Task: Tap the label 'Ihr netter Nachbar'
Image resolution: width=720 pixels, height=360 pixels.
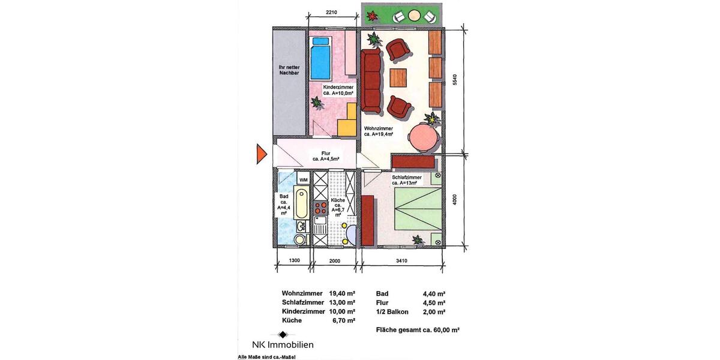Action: [x=289, y=70]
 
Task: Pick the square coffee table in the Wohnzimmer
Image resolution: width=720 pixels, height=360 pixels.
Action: [x=398, y=77]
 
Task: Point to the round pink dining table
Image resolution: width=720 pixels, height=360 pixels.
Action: [x=424, y=136]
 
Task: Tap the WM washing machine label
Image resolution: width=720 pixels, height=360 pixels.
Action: [x=304, y=179]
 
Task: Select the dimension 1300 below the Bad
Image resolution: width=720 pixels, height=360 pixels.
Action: [x=293, y=260]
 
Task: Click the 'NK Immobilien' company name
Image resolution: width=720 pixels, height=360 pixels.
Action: [x=281, y=344]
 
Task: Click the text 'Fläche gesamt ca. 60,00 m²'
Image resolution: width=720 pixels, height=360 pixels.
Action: [x=418, y=330]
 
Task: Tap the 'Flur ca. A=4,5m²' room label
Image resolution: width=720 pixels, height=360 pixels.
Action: [x=326, y=156]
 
